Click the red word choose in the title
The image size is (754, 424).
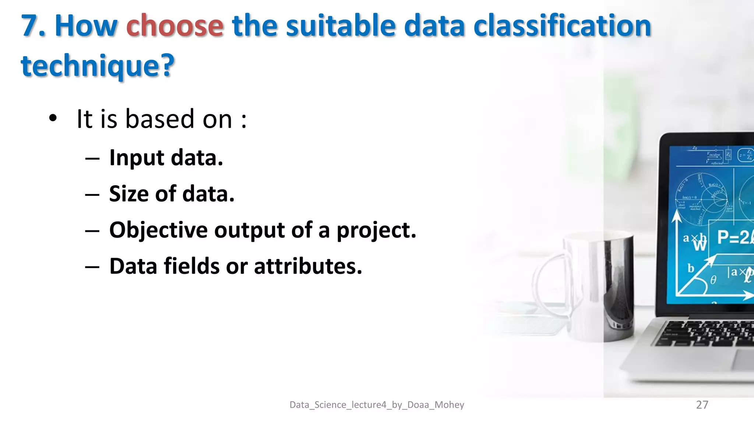(175, 26)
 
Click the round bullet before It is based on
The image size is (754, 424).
(53, 119)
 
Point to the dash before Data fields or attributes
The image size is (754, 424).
(92, 267)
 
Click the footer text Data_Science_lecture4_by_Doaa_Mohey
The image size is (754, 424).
(377, 405)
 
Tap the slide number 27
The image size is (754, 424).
(702, 405)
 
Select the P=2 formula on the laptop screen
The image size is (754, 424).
(734, 237)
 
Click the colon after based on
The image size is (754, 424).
(244, 120)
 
